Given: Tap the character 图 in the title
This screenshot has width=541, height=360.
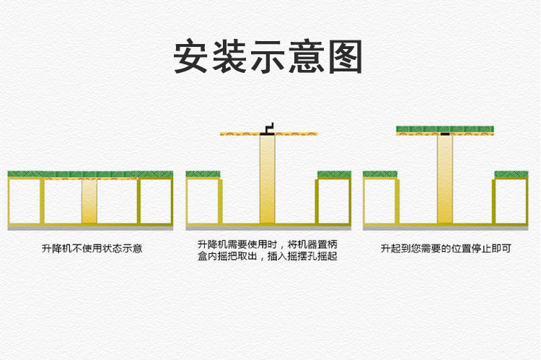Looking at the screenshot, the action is pyautogui.click(x=344, y=56).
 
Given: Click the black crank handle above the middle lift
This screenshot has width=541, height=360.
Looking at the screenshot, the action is pyautogui.click(x=268, y=128).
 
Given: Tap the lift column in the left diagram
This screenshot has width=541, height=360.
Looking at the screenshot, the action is pyautogui.click(x=89, y=201).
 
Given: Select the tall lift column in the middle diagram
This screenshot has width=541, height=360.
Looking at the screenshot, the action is pyautogui.click(x=268, y=180).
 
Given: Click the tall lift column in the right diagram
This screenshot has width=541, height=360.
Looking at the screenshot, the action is pyautogui.click(x=445, y=180).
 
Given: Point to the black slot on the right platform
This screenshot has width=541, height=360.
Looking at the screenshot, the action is pyautogui.click(x=445, y=133).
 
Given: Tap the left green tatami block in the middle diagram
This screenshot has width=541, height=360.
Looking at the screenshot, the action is pyautogui.click(x=203, y=175).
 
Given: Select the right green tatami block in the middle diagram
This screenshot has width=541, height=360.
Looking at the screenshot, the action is pyautogui.click(x=333, y=175).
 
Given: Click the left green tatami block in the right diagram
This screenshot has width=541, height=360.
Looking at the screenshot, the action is pyautogui.click(x=380, y=175).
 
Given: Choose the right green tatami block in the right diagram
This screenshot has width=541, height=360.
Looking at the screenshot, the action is pyautogui.click(x=511, y=175).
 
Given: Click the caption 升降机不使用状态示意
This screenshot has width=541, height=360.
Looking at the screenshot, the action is pyautogui.click(x=92, y=249).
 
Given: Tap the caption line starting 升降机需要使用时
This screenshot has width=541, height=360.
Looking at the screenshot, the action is pyautogui.click(x=267, y=245).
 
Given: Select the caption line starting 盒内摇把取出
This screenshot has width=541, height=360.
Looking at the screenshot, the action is pyautogui.click(x=267, y=256).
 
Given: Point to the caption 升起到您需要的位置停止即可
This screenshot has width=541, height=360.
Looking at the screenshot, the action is pyautogui.click(x=446, y=249).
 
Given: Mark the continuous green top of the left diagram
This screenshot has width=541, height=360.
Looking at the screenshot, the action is pyautogui.click(x=90, y=175).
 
